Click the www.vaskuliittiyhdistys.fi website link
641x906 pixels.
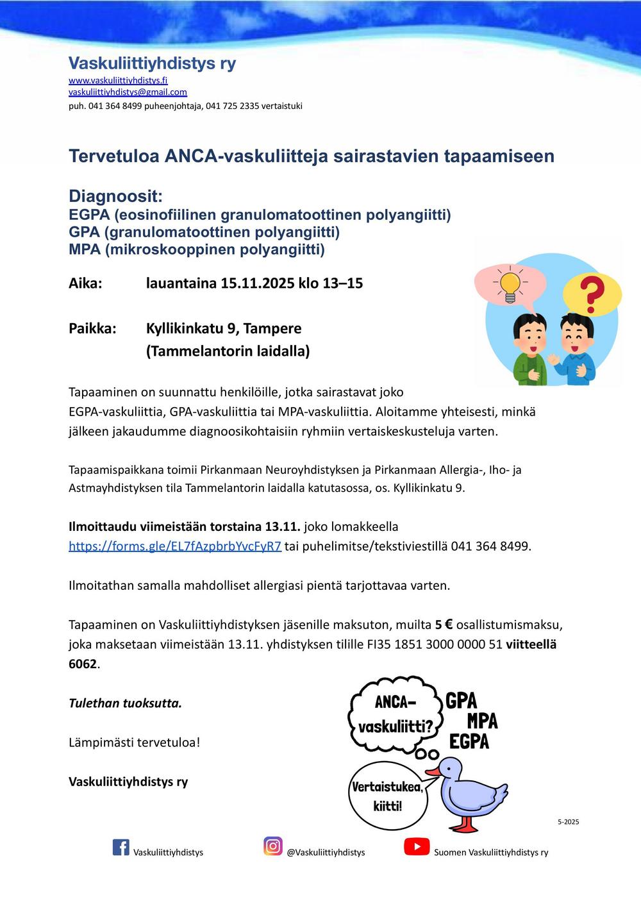coord(118,80)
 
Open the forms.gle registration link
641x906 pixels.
coord(174,546)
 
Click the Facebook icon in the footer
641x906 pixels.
coord(121,847)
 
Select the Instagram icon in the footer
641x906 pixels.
coord(273,846)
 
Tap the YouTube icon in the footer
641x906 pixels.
coord(417,847)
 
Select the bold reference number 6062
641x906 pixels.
coord(83,664)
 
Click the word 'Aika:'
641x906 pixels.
coord(85,283)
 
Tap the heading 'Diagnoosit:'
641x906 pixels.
coord(115,196)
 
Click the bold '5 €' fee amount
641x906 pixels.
coord(444,625)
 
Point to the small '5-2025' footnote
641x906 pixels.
coord(568,821)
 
